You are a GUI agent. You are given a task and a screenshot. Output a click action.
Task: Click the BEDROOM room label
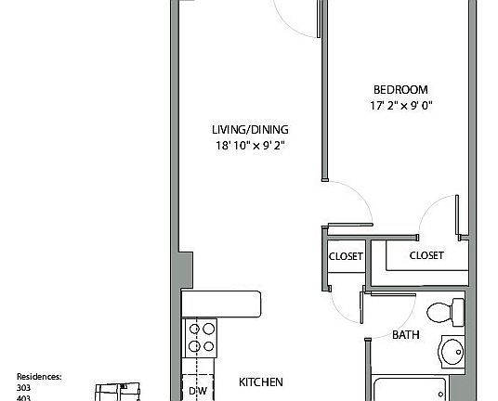(x=400, y=89)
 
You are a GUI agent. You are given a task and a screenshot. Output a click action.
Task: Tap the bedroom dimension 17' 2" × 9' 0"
(x=400, y=105)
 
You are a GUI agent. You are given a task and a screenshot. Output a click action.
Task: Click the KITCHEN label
(x=261, y=382)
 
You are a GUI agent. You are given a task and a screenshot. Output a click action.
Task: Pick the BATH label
(x=405, y=334)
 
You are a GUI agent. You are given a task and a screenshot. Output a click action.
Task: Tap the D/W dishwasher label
(x=198, y=391)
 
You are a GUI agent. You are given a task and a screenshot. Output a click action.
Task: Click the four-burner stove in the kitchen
(x=201, y=336)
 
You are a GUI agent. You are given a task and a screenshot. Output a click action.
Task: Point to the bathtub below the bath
(x=418, y=390)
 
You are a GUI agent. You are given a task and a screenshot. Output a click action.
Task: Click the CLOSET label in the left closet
(x=345, y=256)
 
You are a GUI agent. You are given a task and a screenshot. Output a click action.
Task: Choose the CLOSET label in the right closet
(x=426, y=255)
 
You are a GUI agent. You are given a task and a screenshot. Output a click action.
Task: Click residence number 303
(x=24, y=387)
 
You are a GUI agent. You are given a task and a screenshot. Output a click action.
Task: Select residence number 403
(x=24, y=396)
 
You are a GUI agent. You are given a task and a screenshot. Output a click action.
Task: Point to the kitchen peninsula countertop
(x=222, y=303)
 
